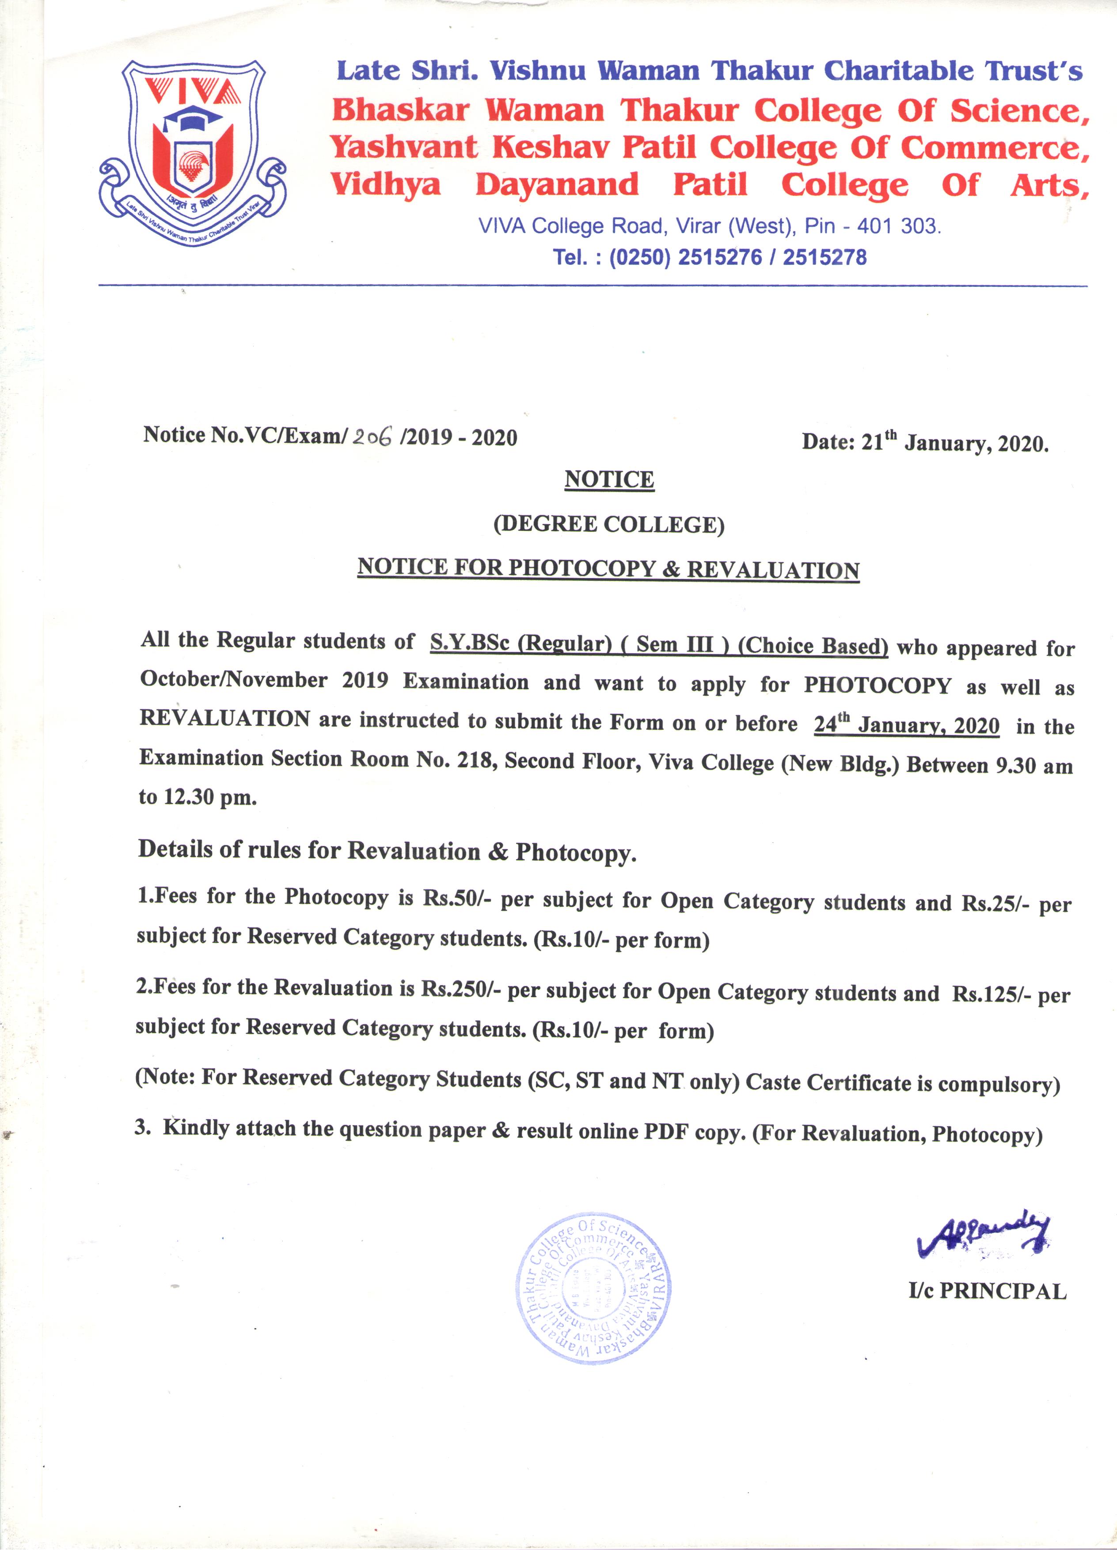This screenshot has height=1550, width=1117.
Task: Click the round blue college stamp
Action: [x=593, y=1289]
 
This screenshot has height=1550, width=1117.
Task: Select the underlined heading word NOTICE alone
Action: [x=609, y=480]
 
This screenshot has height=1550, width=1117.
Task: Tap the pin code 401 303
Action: [x=898, y=226]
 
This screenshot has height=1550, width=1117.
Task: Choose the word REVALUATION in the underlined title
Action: [x=773, y=570]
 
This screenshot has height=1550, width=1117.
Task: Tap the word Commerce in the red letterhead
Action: [x=994, y=148]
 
